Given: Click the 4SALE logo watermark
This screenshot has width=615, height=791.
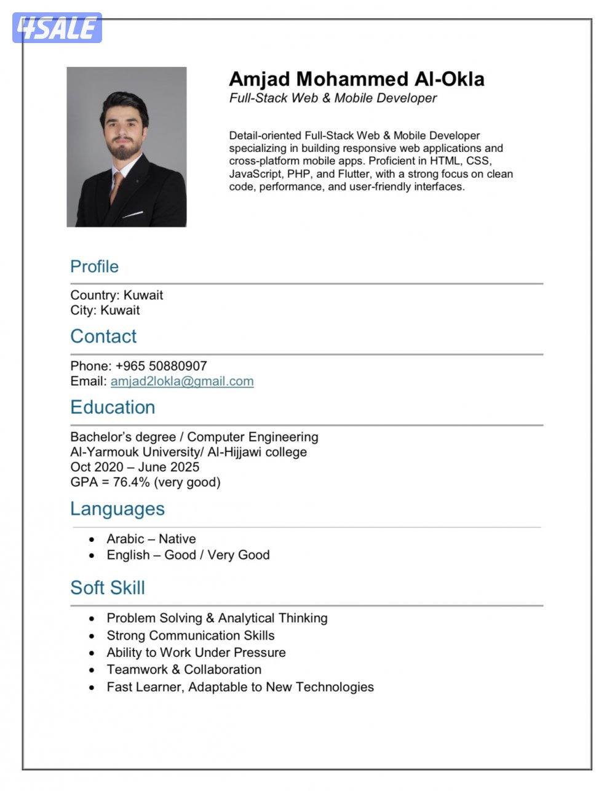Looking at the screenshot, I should (57, 28).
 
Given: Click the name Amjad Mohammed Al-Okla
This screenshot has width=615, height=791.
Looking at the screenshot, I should (356, 79).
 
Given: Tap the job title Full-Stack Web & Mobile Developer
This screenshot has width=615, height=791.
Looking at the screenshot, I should (333, 98).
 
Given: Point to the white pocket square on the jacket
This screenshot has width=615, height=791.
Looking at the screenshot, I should (133, 215).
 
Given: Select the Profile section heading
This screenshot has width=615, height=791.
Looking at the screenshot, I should (94, 266).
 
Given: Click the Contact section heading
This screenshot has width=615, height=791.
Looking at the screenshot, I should (103, 336).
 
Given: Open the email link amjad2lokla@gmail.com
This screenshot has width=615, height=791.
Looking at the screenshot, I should (182, 381).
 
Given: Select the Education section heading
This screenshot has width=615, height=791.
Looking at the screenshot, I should (113, 407).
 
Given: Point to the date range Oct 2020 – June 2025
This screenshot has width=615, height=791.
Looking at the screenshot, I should (135, 467).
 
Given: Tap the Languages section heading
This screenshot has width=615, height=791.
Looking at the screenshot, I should (117, 509).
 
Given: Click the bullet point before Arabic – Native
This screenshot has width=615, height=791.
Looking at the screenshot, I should (92, 539).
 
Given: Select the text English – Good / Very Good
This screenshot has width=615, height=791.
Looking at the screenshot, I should (188, 555).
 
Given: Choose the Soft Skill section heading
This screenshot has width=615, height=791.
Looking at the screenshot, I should (108, 587).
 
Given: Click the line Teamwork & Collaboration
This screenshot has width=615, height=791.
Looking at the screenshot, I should (184, 669).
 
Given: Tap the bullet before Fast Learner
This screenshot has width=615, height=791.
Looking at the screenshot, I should (92, 687).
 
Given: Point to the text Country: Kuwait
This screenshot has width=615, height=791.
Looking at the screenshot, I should (116, 295).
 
